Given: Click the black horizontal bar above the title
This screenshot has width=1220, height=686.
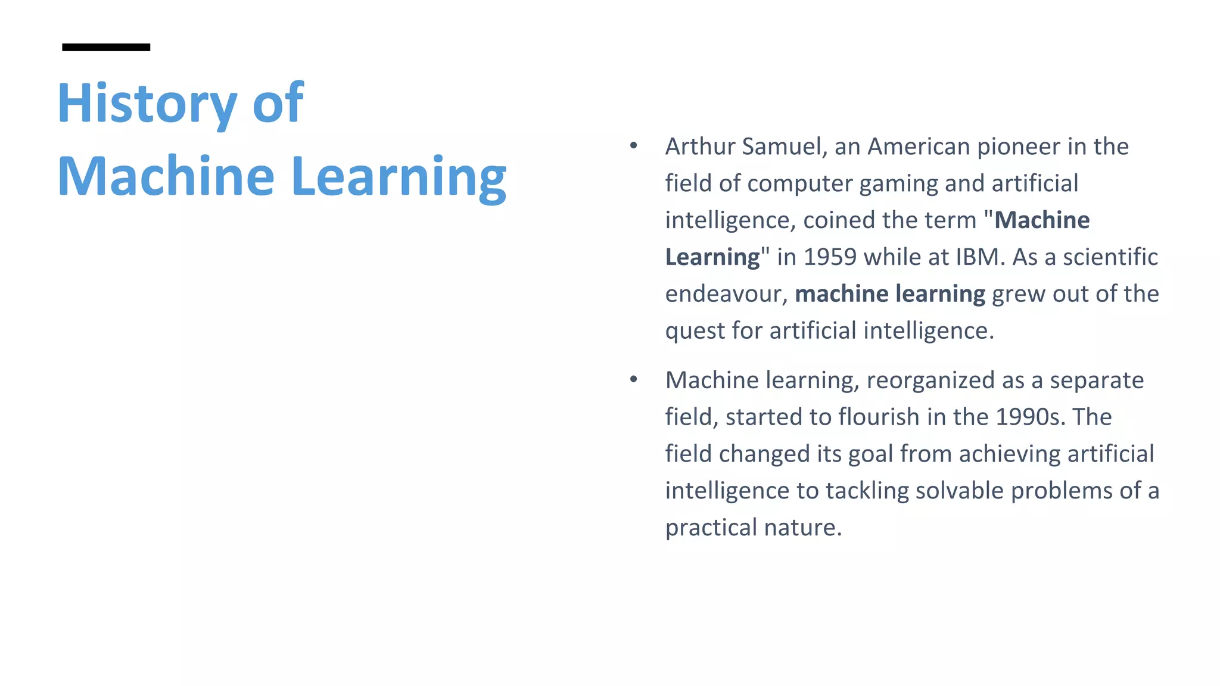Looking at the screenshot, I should tap(106, 47).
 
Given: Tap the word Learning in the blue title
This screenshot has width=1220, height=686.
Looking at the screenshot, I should tap(399, 177).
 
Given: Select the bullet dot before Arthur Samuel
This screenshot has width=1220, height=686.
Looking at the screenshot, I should tap(633, 146).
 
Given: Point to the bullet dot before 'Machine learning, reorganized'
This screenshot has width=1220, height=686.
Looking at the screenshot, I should tap(633, 379).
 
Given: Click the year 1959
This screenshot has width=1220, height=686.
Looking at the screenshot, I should tap(830, 257).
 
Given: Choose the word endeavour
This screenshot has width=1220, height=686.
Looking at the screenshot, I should tap(723, 294).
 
